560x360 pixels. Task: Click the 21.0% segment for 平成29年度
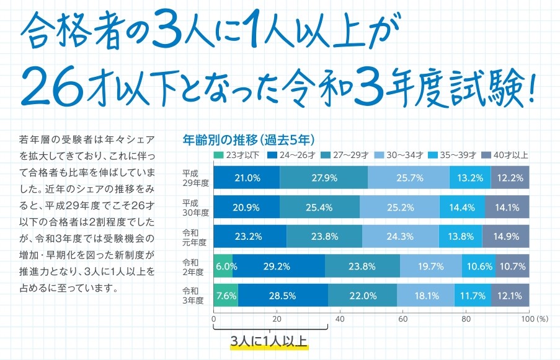247,178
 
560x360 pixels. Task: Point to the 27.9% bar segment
324,178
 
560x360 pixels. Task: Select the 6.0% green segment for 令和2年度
223,266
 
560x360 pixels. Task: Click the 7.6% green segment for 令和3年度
226,296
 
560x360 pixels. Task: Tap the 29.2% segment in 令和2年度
278,266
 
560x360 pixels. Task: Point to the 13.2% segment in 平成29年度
469,178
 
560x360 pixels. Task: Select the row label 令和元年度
195,237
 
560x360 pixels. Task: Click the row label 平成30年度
195,208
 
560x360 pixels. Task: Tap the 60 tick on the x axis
402,319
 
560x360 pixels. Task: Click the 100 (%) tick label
534,319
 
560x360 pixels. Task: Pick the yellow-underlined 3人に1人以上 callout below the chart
269,341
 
